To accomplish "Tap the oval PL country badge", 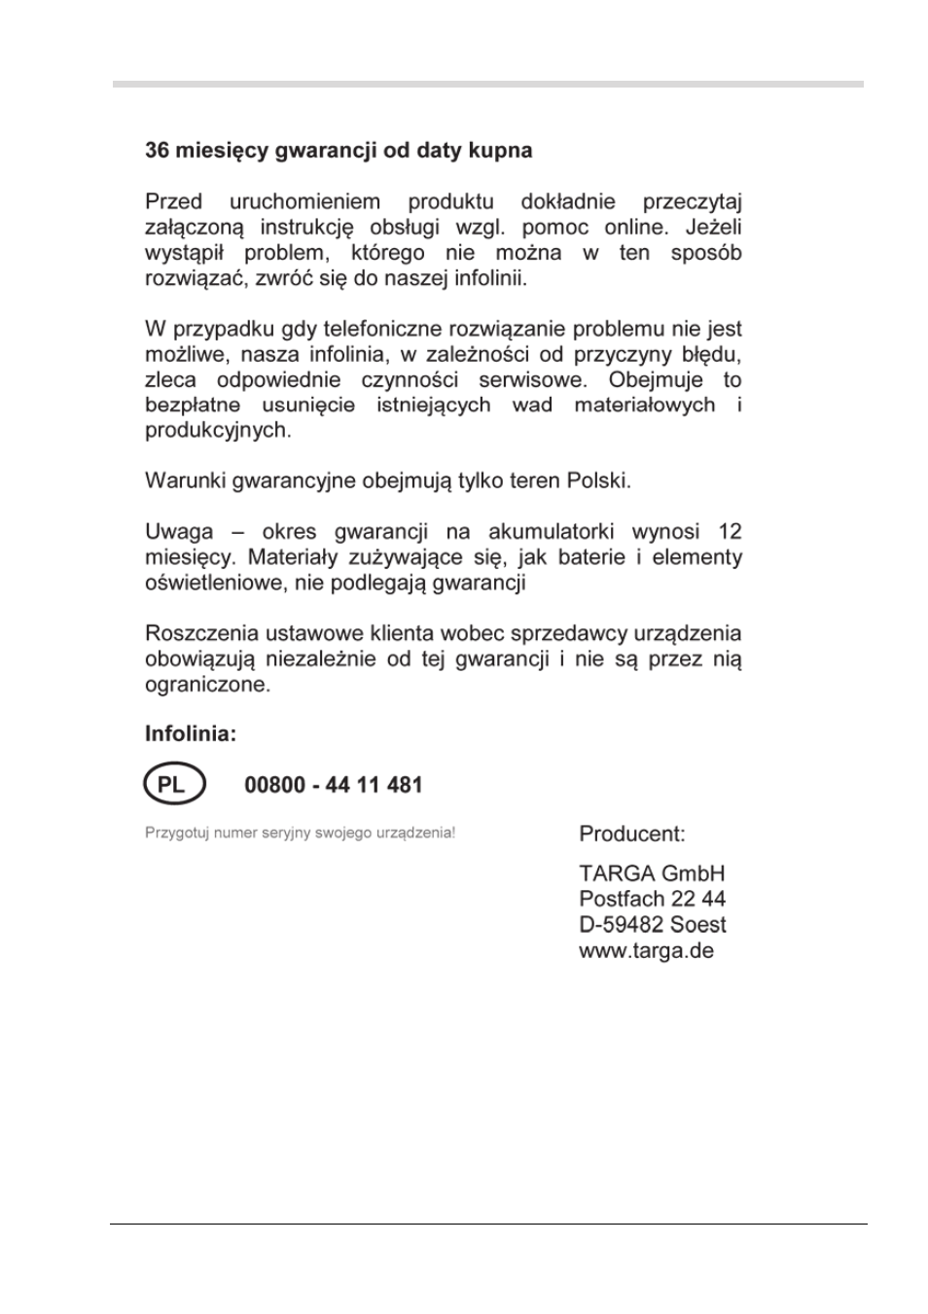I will [174, 785].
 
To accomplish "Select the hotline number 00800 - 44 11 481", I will [333, 785].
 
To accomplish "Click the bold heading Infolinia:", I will [191, 733].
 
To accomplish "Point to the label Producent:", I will [631, 834].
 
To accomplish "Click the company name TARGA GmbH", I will [652, 873].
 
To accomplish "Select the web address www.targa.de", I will [646, 950].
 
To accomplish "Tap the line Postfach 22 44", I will [652, 899].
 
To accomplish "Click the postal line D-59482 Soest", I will [652, 925].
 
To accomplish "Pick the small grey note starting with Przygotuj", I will [300, 834].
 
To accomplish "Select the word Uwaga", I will [179, 532].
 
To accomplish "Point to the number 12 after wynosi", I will [730, 532].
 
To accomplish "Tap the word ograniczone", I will [207, 685].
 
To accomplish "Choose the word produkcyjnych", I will [218, 430].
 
